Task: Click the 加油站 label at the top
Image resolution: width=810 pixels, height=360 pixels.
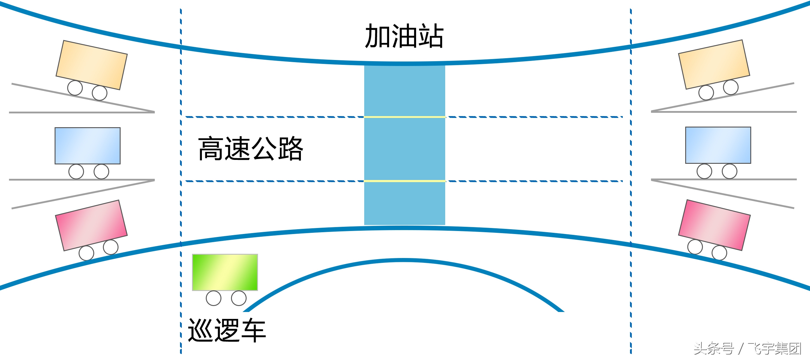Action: pyautogui.click(x=404, y=36)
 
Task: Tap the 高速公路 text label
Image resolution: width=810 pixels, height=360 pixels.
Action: pyautogui.click(x=250, y=149)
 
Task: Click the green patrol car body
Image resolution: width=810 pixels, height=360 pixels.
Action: pyautogui.click(x=225, y=272)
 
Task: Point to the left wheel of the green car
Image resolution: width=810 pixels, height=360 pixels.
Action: pyautogui.click(x=214, y=298)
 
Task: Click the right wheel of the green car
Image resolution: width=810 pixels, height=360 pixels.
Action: pyautogui.click(x=239, y=298)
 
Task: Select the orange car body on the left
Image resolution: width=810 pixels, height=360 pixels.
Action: pyautogui.click(x=91, y=65)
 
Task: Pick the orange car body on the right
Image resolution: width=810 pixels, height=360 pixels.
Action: pyautogui.click(x=714, y=64)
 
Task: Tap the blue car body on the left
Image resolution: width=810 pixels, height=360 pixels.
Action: pyautogui.click(x=87, y=145)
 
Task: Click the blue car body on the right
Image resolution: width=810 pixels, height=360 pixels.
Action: pyautogui.click(x=718, y=145)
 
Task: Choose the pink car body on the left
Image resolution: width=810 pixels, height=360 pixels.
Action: pyautogui.click(x=91, y=225)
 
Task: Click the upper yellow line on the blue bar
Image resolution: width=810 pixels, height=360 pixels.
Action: pyautogui.click(x=404, y=117)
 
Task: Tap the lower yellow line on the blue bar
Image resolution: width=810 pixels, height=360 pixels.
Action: pyautogui.click(x=404, y=181)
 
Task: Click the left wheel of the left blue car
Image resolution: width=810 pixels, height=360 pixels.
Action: pyautogui.click(x=76, y=172)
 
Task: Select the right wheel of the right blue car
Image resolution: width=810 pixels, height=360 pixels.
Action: pyautogui.click(x=730, y=171)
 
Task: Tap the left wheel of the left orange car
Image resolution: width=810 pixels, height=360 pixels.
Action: pyautogui.click(x=75, y=88)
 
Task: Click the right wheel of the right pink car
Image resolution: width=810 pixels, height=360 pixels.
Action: pyautogui.click(x=719, y=253)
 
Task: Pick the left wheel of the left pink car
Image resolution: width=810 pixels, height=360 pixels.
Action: pyautogui.click(x=86, y=253)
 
